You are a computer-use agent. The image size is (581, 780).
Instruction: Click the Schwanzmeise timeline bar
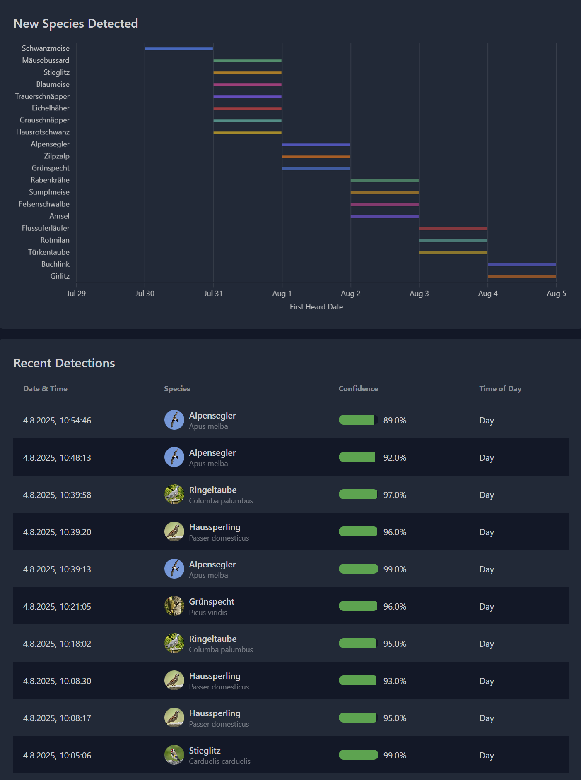[179, 49]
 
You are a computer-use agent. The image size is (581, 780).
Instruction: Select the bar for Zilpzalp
[316, 157]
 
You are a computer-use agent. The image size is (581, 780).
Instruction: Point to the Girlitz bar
[522, 276]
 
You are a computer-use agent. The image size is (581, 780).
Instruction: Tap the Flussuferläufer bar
[453, 228]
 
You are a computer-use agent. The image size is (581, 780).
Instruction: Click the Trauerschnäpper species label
[42, 96]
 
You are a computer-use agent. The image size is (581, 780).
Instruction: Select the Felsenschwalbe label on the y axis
[44, 204]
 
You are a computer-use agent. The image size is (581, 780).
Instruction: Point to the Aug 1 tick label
[282, 294]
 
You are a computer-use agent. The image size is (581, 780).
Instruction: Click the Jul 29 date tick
[76, 294]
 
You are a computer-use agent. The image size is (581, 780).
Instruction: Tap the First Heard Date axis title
[316, 307]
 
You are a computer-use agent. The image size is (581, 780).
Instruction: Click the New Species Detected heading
[76, 24]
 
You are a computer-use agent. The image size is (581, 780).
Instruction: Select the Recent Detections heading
[64, 363]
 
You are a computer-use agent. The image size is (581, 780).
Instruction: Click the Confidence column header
[358, 389]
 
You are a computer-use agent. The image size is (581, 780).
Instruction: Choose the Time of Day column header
[500, 389]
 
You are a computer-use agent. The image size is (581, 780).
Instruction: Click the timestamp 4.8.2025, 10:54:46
[57, 421]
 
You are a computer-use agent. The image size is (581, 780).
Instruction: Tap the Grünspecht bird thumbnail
[174, 606]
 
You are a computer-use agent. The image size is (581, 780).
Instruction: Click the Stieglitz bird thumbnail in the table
[174, 755]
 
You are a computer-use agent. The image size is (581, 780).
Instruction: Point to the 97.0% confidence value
[395, 495]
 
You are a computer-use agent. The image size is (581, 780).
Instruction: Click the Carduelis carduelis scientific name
[219, 761]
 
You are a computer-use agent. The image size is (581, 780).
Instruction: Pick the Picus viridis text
[208, 613]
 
